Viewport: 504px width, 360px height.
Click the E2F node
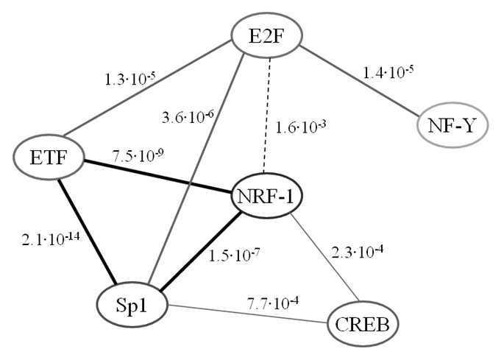[267, 35]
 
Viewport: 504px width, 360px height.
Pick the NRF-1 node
[267, 197]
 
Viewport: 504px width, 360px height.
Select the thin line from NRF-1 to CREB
[324, 258]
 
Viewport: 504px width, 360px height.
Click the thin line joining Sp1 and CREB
[250, 314]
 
